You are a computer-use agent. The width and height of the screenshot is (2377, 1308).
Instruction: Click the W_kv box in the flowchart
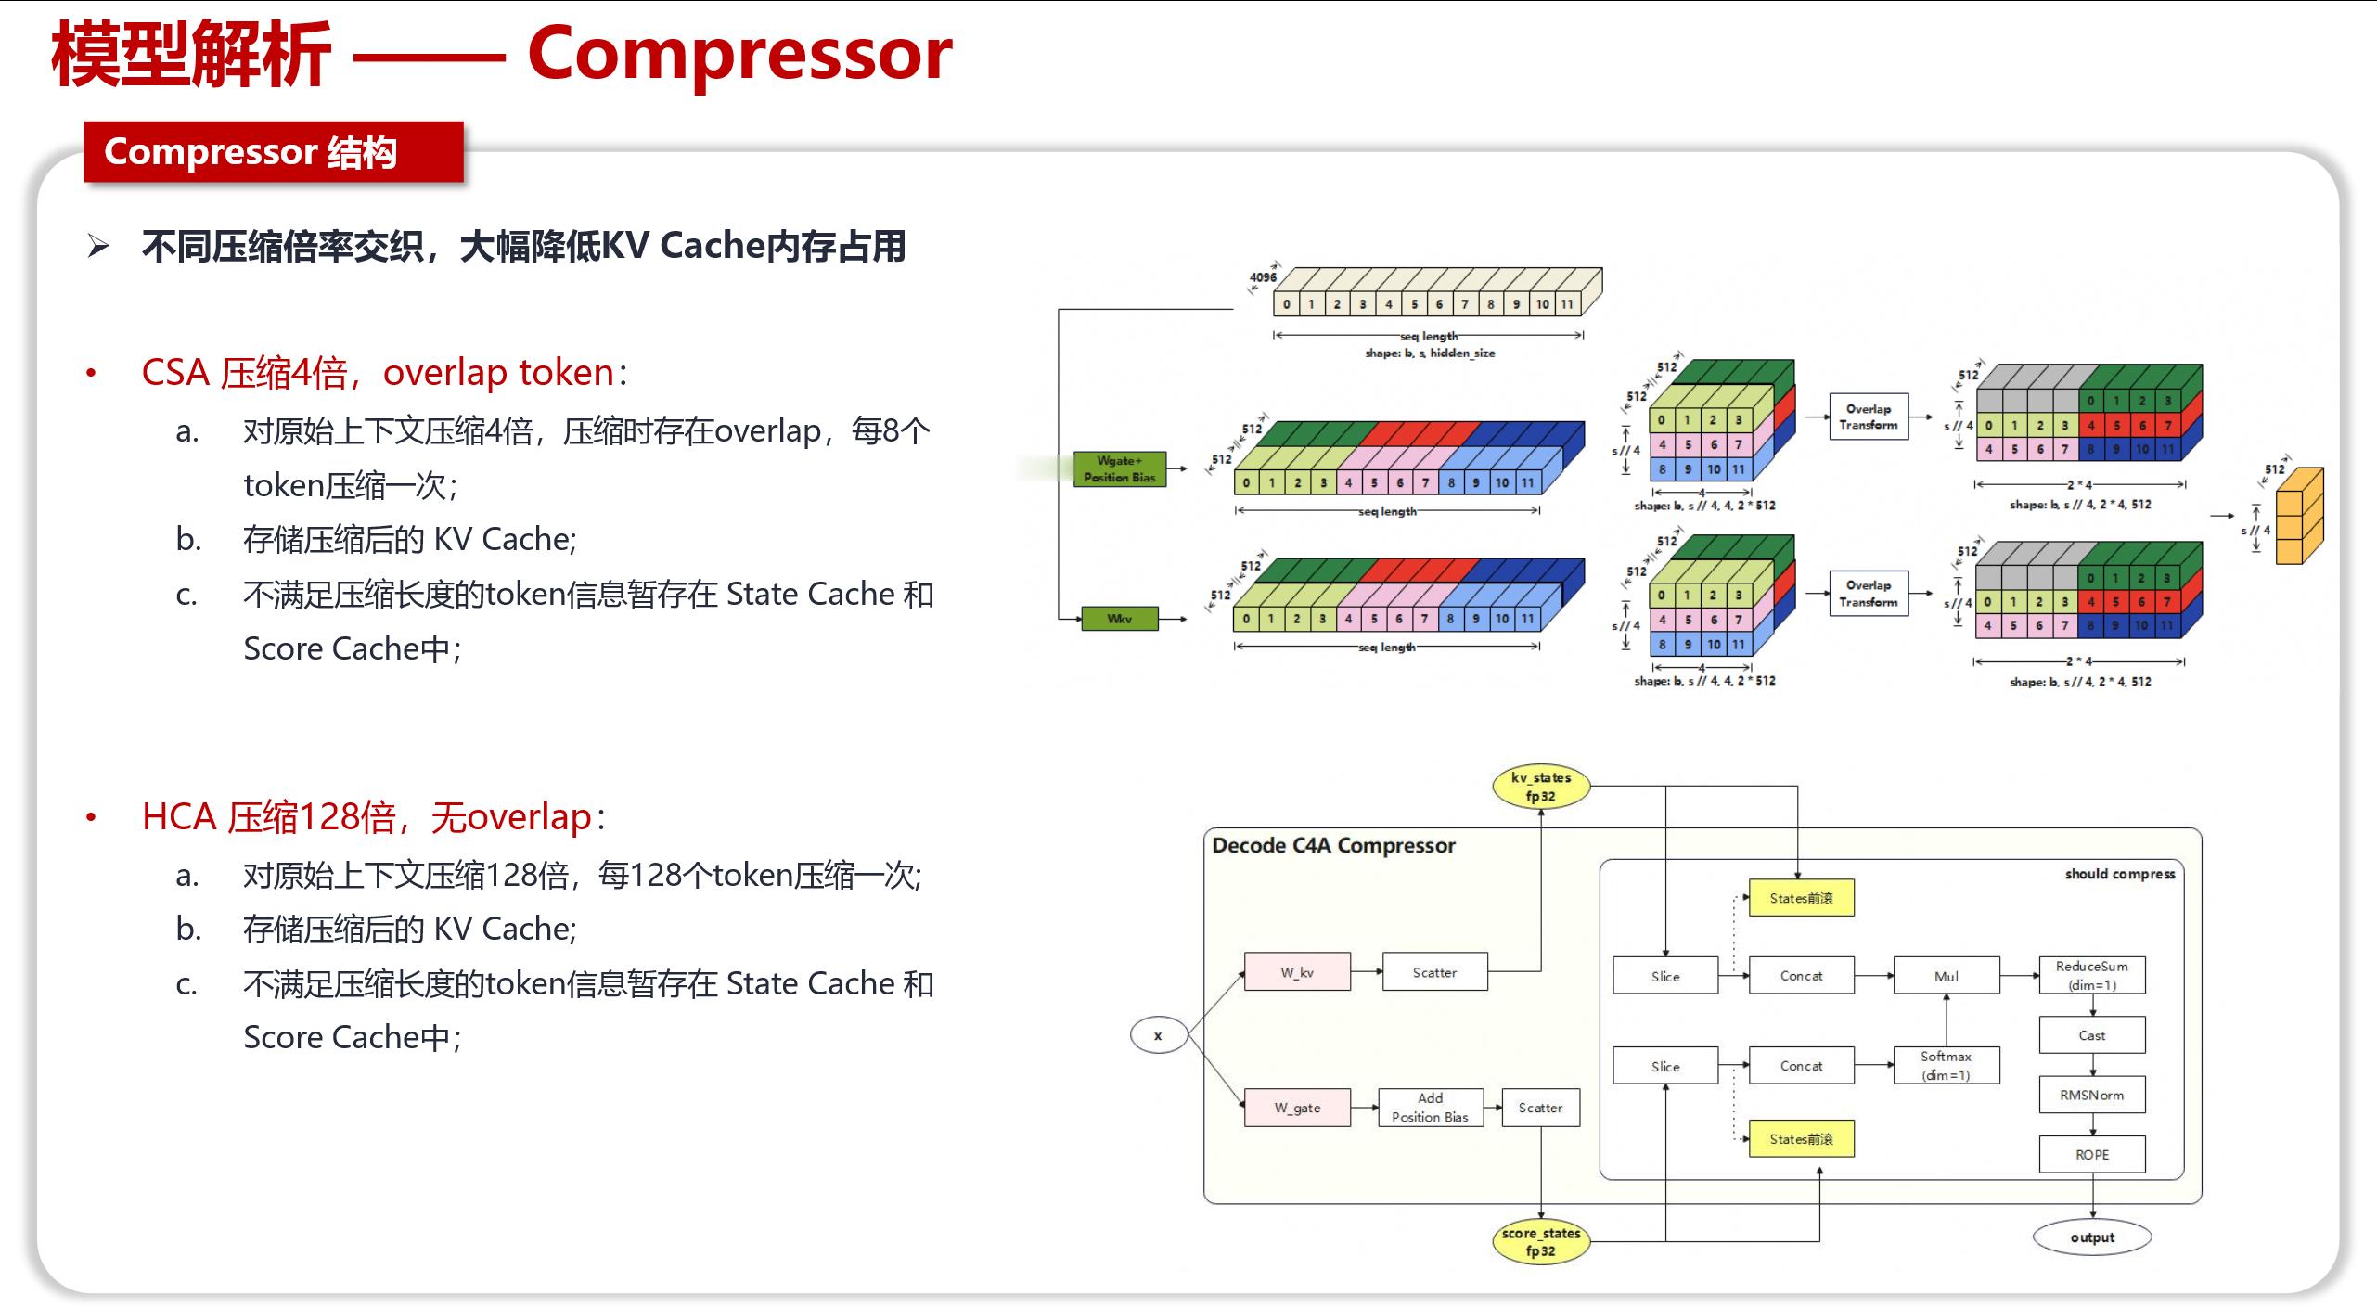(x=1296, y=972)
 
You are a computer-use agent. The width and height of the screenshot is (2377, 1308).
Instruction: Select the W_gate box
(x=1296, y=1108)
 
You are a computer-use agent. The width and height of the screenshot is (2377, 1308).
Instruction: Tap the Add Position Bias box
(x=1430, y=1108)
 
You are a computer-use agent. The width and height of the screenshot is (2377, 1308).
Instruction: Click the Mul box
(x=1946, y=976)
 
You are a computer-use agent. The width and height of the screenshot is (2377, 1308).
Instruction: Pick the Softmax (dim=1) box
(x=1946, y=1066)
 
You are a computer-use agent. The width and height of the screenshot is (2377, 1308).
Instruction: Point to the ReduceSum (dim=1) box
(x=2091, y=975)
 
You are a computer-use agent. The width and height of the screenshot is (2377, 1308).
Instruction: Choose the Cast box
(x=2091, y=1035)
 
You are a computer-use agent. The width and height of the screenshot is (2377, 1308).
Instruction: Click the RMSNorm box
(x=2091, y=1095)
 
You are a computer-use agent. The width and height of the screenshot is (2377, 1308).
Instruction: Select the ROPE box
(x=2091, y=1155)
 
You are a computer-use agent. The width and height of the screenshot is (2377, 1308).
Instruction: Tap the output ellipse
(x=2091, y=1237)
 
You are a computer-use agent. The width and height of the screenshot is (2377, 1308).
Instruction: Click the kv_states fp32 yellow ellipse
(x=1540, y=787)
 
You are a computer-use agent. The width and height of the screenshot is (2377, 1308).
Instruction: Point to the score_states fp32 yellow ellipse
(x=1540, y=1242)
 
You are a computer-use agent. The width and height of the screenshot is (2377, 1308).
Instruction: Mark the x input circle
(x=1158, y=1035)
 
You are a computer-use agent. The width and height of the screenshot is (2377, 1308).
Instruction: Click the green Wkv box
(x=1119, y=619)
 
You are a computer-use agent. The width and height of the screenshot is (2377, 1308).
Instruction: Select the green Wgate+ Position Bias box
(x=1119, y=468)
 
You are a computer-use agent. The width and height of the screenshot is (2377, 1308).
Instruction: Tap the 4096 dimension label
(x=1262, y=277)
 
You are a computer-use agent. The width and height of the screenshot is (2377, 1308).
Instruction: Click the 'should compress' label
(x=2119, y=874)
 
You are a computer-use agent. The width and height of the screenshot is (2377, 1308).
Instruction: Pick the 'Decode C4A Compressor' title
(x=1333, y=845)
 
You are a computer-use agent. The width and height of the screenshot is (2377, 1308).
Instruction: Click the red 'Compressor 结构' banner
(x=273, y=152)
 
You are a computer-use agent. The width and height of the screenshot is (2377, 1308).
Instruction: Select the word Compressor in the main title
(x=739, y=54)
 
